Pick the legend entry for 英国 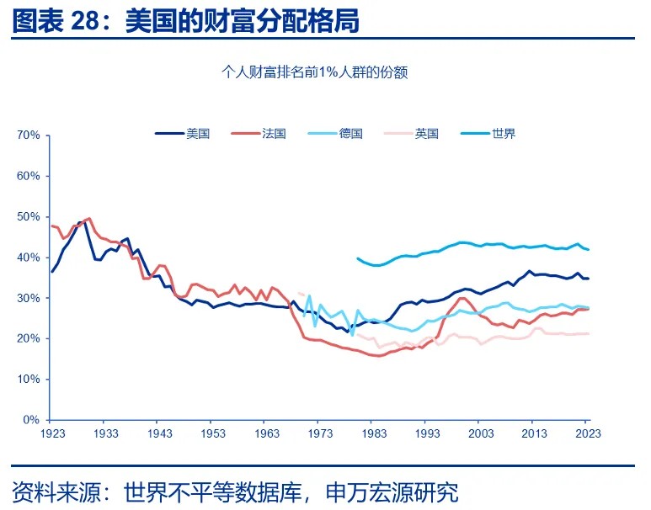426,133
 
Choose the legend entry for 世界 503,133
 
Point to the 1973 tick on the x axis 321,433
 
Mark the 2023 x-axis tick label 589,433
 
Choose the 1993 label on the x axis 428,433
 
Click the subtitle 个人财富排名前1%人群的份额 314,72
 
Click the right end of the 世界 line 589,250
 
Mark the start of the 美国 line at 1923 51,272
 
